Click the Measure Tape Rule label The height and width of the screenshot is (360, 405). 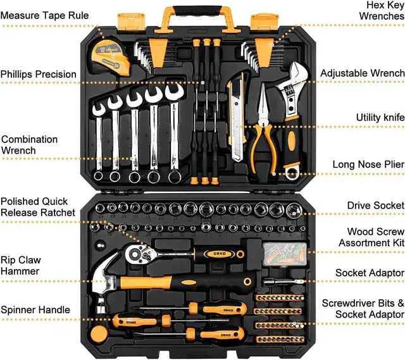click(x=44, y=15)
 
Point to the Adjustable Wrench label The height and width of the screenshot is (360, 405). click(x=362, y=73)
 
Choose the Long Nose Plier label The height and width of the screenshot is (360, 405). click(x=368, y=164)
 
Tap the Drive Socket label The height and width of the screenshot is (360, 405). click(x=375, y=205)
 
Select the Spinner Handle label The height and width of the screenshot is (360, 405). click(x=35, y=310)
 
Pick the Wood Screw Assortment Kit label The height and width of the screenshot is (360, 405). click(x=371, y=237)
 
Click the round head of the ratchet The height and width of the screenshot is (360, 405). click(x=135, y=254)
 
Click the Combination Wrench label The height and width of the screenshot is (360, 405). click(x=29, y=145)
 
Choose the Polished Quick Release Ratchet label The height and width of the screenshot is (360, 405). click(x=38, y=207)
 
